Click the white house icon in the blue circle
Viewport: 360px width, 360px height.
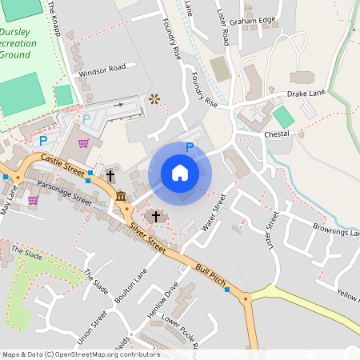pos(180,173)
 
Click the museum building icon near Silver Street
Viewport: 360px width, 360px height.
pos(120,196)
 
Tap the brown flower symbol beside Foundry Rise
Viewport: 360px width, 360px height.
pos(154,99)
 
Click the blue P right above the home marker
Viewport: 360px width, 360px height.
pos(190,146)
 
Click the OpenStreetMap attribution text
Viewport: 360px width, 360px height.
pos(80,354)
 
